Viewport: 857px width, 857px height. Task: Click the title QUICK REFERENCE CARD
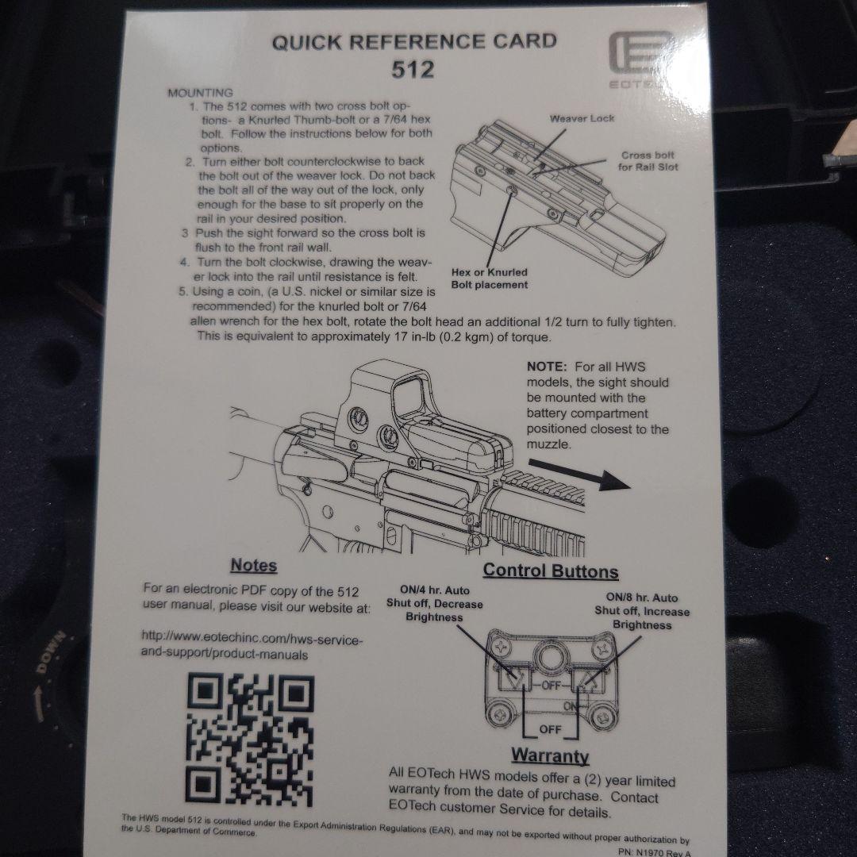[414, 42]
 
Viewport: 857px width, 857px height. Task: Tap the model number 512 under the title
[413, 69]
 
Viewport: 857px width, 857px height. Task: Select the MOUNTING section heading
[200, 92]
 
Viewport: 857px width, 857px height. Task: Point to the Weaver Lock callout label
[582, 118]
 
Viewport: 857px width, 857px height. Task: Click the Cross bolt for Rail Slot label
[648, 161]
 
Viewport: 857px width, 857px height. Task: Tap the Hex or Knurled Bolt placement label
[490, 279]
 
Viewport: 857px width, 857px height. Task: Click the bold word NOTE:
[547, 367]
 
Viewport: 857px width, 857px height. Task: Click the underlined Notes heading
[254, 565]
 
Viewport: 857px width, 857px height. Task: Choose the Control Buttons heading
[551, 571]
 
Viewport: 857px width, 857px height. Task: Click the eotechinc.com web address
[252, 647]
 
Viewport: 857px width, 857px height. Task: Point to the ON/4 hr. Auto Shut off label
[435, 603]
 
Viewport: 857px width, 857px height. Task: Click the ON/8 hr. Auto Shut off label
[642, 611]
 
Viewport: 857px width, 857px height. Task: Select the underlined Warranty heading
[551, 756]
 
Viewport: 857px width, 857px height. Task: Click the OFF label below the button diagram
[551, 730]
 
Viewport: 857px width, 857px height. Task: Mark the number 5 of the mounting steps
[183, 291]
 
